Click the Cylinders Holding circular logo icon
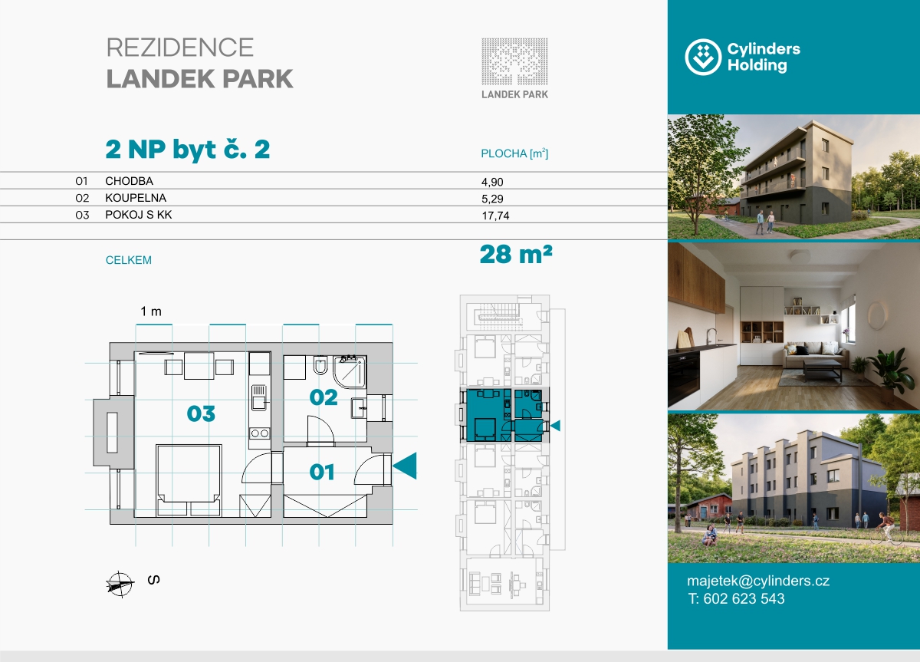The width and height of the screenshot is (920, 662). coord(703,57)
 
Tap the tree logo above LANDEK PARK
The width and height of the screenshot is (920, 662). coord(514,61)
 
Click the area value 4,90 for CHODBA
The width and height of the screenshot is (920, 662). coord(492,182)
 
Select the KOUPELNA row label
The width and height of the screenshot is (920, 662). coord(136,198)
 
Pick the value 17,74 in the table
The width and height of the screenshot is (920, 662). coord(495,216)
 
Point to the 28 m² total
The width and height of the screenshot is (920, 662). coord(516,255)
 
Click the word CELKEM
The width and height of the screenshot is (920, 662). coord(129,260)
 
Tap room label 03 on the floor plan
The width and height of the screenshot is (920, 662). coord(201,413)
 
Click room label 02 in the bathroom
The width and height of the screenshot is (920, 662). coord(324,397)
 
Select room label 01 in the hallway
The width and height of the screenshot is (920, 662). coord(321,473)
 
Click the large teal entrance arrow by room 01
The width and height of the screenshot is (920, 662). coord(405,466)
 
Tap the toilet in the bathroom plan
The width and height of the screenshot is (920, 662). coord(320,365)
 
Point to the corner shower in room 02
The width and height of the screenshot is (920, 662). coord(350,372)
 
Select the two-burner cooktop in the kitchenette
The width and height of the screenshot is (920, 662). coord(260,433)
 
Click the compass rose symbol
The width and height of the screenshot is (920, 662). coord(120,584)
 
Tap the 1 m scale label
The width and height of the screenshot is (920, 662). coord(151,311)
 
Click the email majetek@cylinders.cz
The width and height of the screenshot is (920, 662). coord(758,581)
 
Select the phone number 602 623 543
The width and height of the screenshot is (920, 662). coord(744,599)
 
